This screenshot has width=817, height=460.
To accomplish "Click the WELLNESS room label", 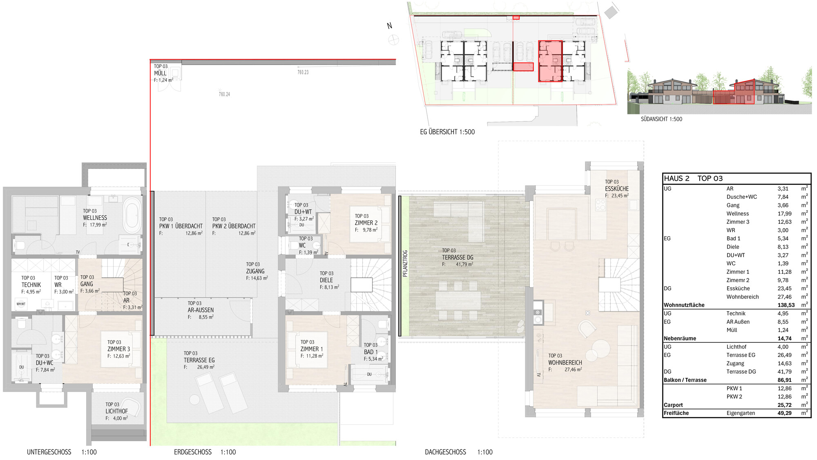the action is pos(95,218).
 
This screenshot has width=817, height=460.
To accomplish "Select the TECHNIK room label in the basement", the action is pos(31,285).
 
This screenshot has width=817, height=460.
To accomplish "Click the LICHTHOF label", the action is pos(116,411).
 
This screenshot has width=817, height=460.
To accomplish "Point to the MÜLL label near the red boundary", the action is pos(160,73).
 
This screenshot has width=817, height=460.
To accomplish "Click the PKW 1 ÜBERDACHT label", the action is pos(181,226).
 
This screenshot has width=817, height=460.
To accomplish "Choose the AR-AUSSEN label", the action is pos(201,310).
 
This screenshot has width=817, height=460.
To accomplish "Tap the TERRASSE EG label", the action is pos(199,360).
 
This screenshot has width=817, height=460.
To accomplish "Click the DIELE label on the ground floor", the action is pos(326,280).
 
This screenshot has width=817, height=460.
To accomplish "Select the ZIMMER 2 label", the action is pos(366,223).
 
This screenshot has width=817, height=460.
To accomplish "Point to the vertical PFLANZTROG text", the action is pos(405,264).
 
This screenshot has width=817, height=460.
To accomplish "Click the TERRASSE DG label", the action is pos(458,258).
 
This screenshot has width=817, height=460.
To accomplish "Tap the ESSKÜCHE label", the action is pos(617,189).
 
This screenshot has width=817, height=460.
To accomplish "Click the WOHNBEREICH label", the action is pos(565,363).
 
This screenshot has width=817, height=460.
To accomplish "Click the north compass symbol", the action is pos(393,40).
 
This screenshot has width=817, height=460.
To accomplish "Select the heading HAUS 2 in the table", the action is pos(676,178).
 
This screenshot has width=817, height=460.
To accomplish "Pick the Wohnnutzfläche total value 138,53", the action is pos(786,305).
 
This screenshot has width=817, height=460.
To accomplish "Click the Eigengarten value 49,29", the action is pos(784,413).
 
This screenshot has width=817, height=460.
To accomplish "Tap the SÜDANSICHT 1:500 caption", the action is pos(661,119).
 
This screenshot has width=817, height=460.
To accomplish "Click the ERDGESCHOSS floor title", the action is pos(193,452).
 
